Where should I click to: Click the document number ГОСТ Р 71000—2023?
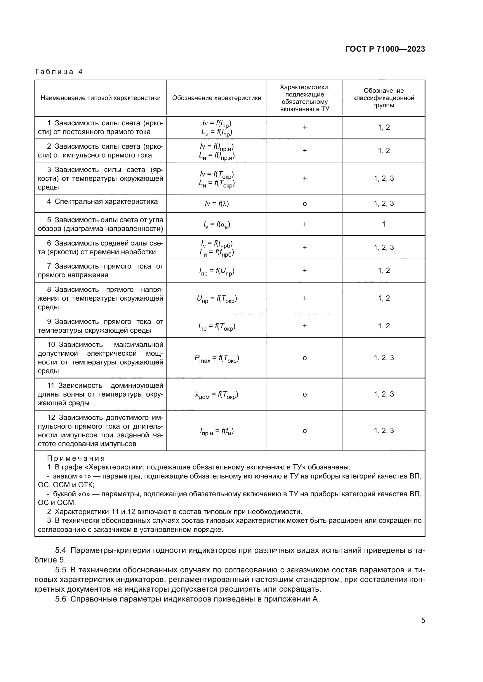coord(385,49)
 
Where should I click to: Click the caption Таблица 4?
coord(59,72)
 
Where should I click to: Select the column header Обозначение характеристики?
coord(216,98)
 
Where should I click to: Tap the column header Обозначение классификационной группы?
coord(384,98)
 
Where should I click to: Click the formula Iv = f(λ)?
coord(217,204)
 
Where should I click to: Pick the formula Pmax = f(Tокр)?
coord(217,358)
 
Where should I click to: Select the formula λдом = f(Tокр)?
coord(216,395)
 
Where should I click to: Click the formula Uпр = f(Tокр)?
coord(217,299)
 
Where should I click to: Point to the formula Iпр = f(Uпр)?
coord(217,271)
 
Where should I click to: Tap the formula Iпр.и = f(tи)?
coord(217,431)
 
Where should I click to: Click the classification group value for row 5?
coord(384,224)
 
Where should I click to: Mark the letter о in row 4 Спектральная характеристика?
coord(305,204)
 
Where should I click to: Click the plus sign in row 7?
coord(305,271)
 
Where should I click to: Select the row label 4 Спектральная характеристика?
coord(102,202)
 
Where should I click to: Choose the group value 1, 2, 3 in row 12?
coord(384,431)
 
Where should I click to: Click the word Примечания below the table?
coord(76,458)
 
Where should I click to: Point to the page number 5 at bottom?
coord(423,620)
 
